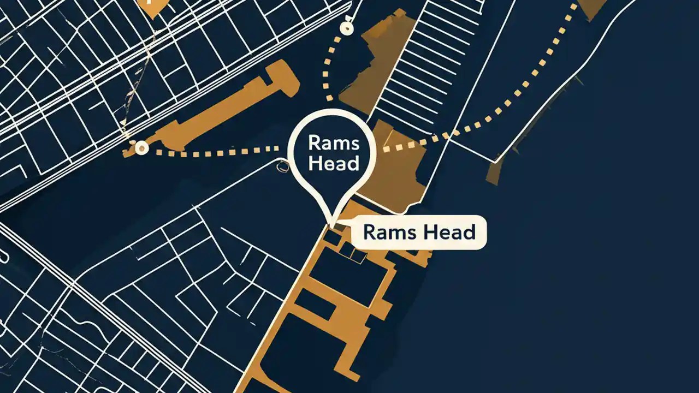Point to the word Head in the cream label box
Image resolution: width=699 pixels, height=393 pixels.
(x=447, y=233)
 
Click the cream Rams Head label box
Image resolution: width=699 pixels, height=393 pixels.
(x=418, y=233)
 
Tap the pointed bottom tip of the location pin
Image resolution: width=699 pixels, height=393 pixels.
(x=330, y=223)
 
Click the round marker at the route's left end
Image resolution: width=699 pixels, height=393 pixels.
(x=142, y=146)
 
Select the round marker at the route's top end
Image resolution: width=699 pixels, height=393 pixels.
(x=345, y=27)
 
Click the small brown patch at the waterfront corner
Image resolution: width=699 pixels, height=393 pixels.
(x=495, y=172)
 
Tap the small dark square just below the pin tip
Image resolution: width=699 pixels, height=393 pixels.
(x=331, y=237)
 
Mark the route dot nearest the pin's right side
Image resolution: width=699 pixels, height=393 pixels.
(x=387, y=148)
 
